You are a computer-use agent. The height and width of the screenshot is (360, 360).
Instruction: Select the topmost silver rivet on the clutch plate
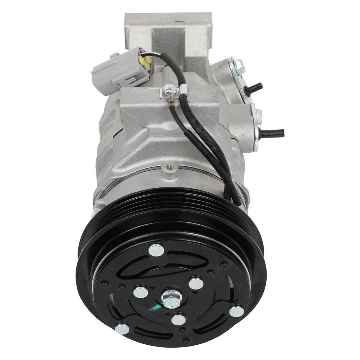coord(156,250)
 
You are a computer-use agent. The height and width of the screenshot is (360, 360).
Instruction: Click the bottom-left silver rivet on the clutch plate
coord(122,328)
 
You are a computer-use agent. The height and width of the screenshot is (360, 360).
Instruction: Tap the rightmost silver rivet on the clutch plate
coord(236,311)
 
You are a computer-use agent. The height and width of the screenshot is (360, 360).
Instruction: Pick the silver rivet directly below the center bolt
coord(178,319)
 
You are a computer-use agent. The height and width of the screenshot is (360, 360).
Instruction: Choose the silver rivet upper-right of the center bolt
coord(196,283)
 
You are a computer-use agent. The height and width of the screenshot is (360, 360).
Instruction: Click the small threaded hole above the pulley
coord(169,165)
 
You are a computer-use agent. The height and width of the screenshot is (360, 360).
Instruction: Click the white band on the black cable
coord(183,89)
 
